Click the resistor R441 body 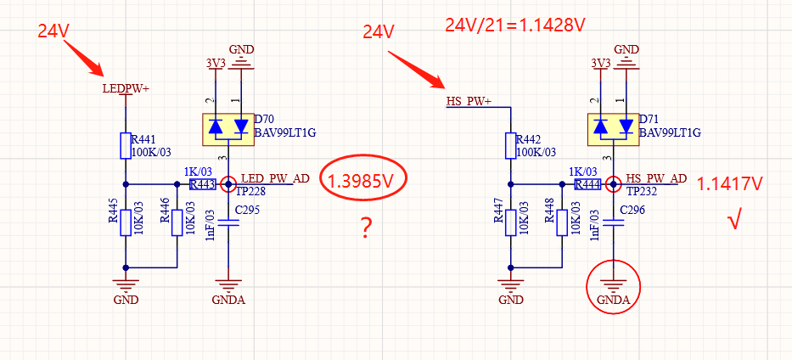[126, 145]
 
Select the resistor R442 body [509, 145]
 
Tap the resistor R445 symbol [126, 222]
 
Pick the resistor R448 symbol [561, 222]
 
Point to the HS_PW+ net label [469, 102]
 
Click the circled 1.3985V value [364, 181]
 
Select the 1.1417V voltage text [730, 183]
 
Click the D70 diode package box [228, 127]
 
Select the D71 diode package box [613, 127]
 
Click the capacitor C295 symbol [227, 223]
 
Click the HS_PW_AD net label [656, 178]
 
